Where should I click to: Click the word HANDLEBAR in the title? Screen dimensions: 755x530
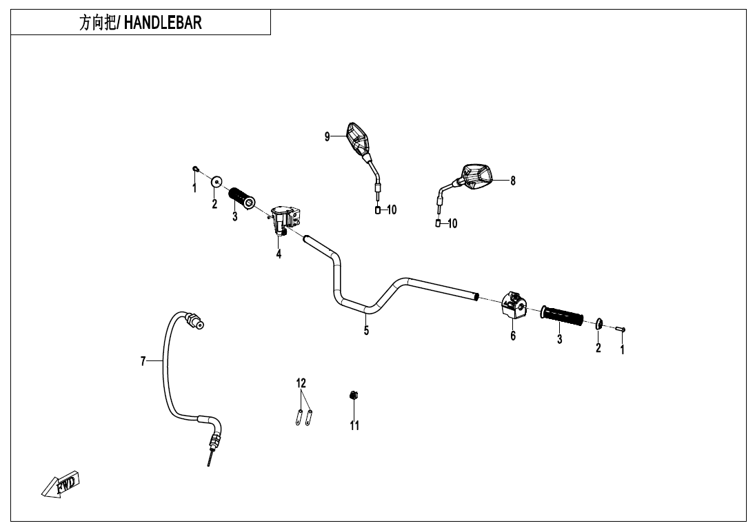point(163,23)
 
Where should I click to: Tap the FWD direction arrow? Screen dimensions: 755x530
point(61,483)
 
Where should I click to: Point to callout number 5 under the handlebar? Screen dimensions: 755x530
point(366,330)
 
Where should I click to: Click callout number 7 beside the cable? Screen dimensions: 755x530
point(143,360)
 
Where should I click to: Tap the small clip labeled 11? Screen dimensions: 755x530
point(354,395)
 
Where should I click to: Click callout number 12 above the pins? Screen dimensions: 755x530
point(301,383)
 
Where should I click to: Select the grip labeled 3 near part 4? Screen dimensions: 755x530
point(242,197)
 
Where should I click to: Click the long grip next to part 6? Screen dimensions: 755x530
point(562,315)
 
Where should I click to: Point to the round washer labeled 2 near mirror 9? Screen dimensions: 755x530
point(217,183)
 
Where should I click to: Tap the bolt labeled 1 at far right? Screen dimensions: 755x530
point(620,329)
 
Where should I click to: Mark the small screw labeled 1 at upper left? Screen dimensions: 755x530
point(196,168)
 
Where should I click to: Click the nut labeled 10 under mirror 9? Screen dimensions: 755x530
point(378,210)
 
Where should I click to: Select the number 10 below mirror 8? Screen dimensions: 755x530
point(452,223)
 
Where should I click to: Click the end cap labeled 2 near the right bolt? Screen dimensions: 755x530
point(599,324)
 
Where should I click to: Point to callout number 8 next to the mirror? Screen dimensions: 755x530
point(513,181)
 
